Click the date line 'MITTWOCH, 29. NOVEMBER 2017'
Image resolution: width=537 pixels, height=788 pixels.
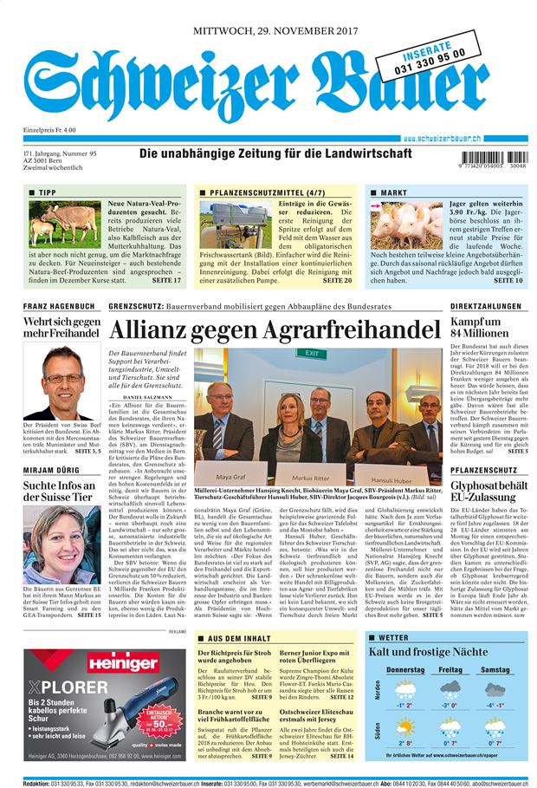point(275,30)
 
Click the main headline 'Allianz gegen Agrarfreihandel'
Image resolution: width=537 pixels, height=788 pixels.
point(275,330)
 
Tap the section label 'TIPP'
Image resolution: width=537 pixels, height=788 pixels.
point(47,192)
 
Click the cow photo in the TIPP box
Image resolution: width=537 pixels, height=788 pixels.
point(64,225)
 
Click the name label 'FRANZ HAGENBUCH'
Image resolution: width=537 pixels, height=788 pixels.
point(58,306)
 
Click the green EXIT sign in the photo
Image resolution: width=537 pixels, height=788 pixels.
point(311,354)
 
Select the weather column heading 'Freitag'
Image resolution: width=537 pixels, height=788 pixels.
point(450,670)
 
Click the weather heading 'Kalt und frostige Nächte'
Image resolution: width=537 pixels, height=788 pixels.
point(428,651)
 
